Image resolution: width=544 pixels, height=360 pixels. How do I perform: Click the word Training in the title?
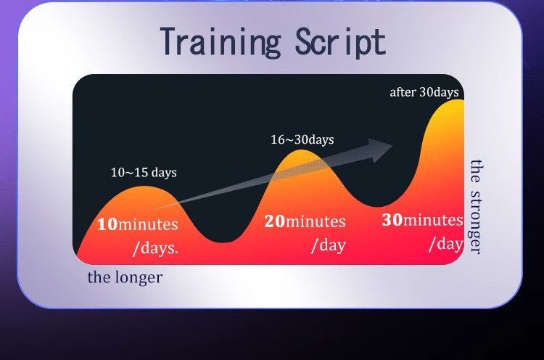coord(220,41)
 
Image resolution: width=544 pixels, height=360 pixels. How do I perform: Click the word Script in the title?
coord(341,41)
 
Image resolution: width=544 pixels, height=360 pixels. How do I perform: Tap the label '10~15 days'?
coord(144,172)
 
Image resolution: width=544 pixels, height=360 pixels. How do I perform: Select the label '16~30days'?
coord(302,139)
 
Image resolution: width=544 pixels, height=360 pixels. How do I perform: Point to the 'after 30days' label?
coord(424,92)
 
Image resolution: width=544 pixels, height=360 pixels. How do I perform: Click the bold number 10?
coord(107,224)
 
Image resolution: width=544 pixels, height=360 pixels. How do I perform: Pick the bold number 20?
coord(274,221)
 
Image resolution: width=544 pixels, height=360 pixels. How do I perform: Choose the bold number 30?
coord(392,219)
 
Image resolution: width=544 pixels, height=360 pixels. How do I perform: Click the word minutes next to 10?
coord(148,224)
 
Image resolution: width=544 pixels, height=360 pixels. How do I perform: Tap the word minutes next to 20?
coord(316,221)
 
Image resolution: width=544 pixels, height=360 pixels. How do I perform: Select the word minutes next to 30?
coord(433,220)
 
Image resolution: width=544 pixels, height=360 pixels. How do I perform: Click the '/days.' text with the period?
coord(155,248)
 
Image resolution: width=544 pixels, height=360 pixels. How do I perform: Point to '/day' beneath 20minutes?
coord(329,245)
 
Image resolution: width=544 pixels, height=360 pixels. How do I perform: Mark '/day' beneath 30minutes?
coord(446,243)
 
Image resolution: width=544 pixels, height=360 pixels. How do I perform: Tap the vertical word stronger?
coord(476,222)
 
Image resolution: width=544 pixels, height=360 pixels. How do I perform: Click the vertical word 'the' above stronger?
coord(477,171)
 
